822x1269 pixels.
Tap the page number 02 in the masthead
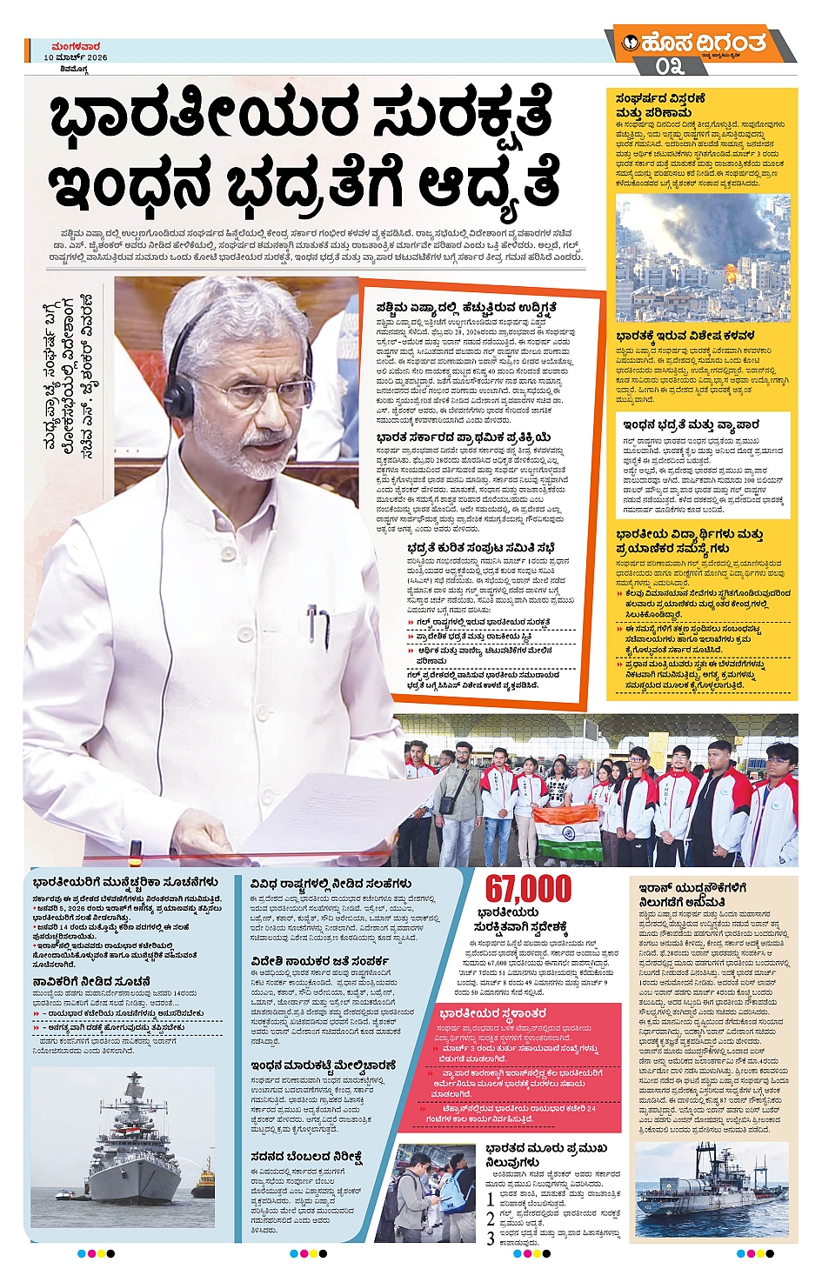point(671,66)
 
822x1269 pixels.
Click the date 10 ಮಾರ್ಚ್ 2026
point(76,57)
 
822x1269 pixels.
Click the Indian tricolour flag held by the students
point(568,832)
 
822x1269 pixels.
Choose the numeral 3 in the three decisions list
point(491,1237)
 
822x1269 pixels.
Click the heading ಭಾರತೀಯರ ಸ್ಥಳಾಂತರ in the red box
point(492,1013)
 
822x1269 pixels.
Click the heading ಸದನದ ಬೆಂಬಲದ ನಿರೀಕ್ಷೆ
point(305,1158)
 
